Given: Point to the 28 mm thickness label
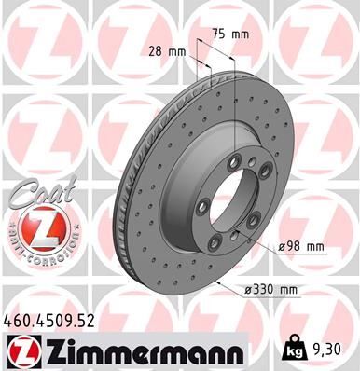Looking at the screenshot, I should point(164,51).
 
